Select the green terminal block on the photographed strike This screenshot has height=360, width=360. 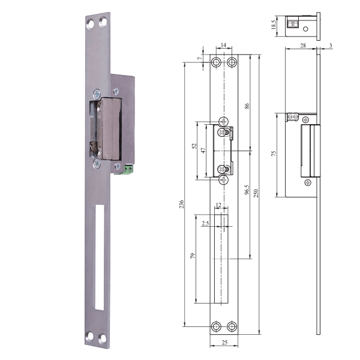pos(130,170)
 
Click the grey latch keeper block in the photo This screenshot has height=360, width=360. pos(112,128)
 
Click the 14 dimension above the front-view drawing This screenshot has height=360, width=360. pos(223,46)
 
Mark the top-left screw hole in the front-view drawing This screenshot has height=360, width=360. pos(217,62)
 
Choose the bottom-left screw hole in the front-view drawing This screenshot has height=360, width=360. pos(217,326)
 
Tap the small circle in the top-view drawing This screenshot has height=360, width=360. pos(306,28)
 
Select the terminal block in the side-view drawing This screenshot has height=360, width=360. pos(293,117)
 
